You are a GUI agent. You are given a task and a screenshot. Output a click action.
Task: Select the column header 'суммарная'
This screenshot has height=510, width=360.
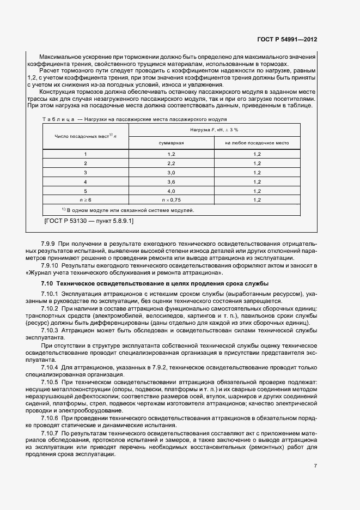coord(171,143)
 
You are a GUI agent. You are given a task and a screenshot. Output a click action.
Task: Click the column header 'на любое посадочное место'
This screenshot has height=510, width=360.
coord(257,143)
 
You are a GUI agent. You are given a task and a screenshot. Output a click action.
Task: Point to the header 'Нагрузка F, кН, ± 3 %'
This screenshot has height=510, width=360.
coord(214,130)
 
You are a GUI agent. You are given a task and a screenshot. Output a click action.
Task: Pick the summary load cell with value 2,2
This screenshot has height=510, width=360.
coord(171,163)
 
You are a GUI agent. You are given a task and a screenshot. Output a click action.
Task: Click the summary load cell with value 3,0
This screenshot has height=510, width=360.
coord(171,172)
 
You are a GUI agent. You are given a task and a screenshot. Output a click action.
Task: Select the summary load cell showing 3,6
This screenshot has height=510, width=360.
coord(171,181)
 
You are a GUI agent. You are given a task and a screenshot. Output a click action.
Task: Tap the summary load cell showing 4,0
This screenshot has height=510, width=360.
coord(171,191)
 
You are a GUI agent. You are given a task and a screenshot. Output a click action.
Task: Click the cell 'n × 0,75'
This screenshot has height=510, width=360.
coord(171,200)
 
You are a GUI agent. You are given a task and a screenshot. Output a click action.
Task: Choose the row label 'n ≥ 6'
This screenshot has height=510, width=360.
coord(85,200)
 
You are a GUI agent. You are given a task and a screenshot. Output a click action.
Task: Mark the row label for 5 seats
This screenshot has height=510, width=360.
coord(85,191)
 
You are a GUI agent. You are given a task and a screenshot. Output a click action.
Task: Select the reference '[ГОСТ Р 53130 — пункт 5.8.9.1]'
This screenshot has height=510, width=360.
coord(88,222)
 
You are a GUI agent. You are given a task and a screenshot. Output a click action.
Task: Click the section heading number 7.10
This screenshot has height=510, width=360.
coord(47,284)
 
